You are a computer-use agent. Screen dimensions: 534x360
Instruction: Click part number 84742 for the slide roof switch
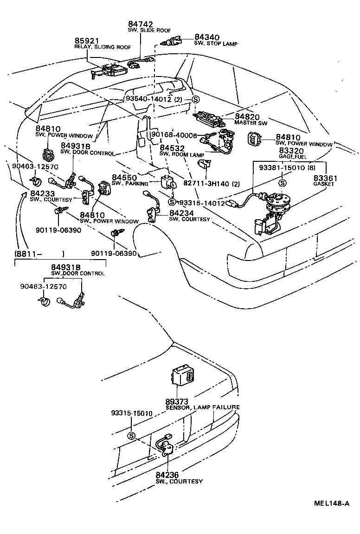click(140, 24)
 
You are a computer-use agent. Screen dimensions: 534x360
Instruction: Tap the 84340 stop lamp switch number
click(207, 38)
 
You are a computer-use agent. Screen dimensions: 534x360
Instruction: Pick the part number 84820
click(247, 117)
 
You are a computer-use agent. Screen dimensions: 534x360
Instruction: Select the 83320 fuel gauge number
click(291, 152)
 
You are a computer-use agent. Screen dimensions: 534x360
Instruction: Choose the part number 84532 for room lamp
click(172, 148)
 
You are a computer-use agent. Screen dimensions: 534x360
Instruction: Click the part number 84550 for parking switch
click(124, 178)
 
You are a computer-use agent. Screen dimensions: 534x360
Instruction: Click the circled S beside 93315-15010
click(131, 435)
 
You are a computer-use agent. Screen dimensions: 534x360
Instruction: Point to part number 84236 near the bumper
click(167, 475)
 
